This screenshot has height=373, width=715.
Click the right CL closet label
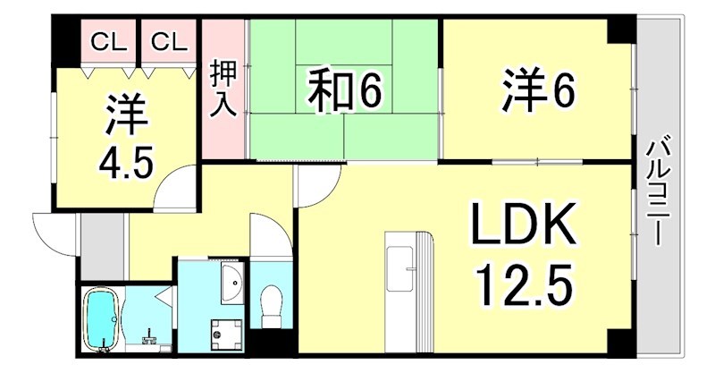[167, 40]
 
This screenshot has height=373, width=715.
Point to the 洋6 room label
[536, 89]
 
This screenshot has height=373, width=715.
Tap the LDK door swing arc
[315, 188]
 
